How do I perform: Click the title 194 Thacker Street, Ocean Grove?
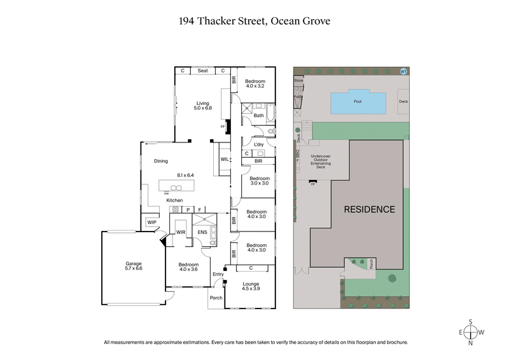pos(254,21)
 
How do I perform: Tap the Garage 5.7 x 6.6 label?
pos(133,266)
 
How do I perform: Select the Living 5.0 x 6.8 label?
pos(202,106)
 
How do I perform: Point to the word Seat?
pos(202,71)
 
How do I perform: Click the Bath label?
pos(258,116)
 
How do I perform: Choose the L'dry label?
pos(258,146)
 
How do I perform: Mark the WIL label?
pos(225,159)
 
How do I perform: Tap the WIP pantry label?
pos(151,222)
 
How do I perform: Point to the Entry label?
pos(218,274)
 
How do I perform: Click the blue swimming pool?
pos(358,102)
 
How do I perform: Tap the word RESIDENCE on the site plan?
pos(369,209)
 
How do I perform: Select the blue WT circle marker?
pos(403,71)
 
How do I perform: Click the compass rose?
pos(471,332)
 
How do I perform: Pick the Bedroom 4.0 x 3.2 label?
pos(256,83)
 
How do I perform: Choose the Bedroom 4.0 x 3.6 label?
pos(188,267)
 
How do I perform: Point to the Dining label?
pos(161,161)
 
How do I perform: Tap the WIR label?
pos(180,233)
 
